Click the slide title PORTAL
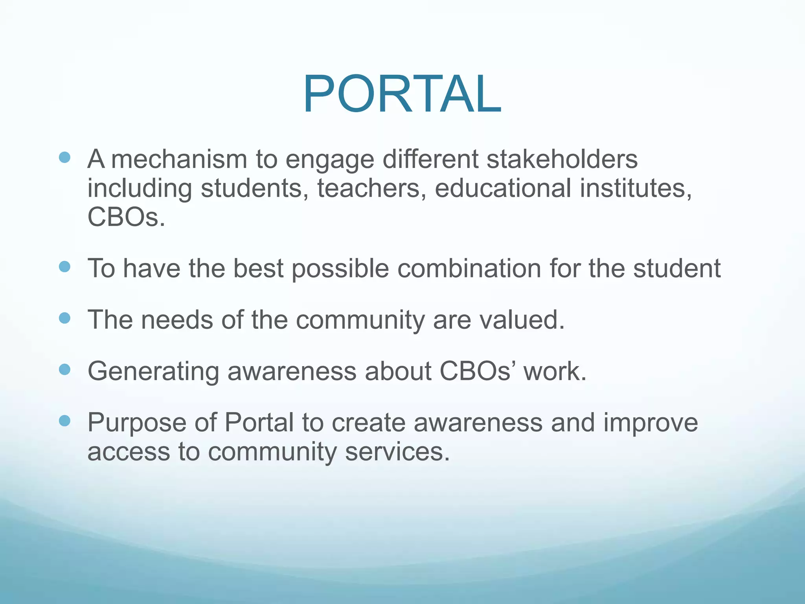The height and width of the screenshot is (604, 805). tap(402, 94)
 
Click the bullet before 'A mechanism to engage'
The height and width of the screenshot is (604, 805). tap(64, 158)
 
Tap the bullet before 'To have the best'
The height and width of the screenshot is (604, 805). tap(64, 267)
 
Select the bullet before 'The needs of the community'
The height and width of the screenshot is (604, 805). tap(64, 318)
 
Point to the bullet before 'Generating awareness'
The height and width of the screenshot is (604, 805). tap(64, 369)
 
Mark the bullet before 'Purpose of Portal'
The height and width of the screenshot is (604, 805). tap(64, 421)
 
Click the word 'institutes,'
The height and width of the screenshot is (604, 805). tap(636, 188)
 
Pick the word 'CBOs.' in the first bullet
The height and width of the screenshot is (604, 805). tap(126, 217)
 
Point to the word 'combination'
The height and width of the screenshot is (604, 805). tap(469, 269)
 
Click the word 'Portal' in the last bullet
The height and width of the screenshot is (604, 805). tap(259, 423)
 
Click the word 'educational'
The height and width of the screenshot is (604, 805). tap(503, 188)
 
